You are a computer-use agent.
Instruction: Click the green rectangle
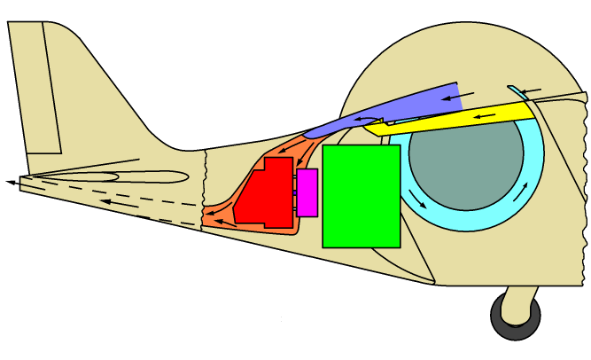tap(361, 195)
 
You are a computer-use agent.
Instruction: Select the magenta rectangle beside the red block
tap(307, 192)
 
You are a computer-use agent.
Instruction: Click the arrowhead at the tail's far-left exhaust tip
tap(11, 182)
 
